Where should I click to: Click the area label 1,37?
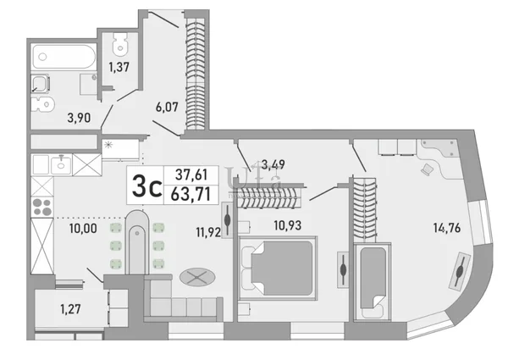pyautogui.click(x=119, y=67)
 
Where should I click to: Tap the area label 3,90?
pyautogui.click(x=79, y=118)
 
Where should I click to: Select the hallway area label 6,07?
pyautogui.click(x=167, y=107)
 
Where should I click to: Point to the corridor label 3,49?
pyautogui.click(x=273, y=164)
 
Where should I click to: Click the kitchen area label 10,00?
pyautogui.click(x=83, y=229)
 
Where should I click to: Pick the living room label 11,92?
pyautogui.click(x=208, y=232)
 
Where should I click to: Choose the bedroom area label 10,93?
pyautogui.click(x=288, y=224)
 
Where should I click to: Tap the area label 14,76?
pyautogui.click(x=447, y=228)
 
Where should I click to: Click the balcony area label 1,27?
pyautogui.click(x=70, y=309)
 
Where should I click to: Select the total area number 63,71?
pyautogui.click(x=190, y=194)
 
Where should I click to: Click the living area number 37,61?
pyautogui.click(x=191, y=175)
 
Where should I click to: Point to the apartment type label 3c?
pyautogui.click(x=146, y=186)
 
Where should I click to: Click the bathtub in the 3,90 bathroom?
pyautogui.click(x=63, y=57)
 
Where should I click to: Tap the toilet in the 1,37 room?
pyautogui.click(x=120, y=44)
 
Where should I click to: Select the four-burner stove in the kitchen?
pyautogui.click(x=42, y=207)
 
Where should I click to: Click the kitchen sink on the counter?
pyautogui.click(x=61, y=164)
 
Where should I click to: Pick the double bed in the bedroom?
pyautogui.click(x=278, y=268)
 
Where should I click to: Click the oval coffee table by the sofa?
pyautogui.click(x=197, y=277)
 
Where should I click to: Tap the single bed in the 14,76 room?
pyautogui.click(x=373, y=281)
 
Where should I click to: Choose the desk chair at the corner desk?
pyautogui.click(x=427, y=169)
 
